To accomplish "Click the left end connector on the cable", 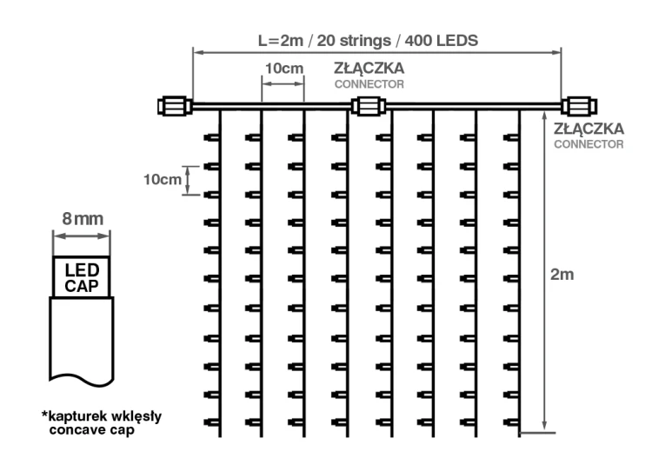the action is pos(175,106).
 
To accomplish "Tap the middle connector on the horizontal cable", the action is pos(369,106).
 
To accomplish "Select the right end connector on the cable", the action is pos(579,106).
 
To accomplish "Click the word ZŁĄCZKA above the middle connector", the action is pos(369,68).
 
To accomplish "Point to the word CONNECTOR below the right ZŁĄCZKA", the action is pos(589,144).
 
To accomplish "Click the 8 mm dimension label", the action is pos(83,219).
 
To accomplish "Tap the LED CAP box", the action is pos(82,276).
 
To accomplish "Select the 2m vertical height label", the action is pos(562,275).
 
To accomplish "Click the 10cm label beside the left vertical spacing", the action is pos(163,180).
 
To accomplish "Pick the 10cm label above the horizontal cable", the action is pos(284,68).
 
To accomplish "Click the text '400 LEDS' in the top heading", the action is pos(442,41).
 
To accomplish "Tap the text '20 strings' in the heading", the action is pos(354,41).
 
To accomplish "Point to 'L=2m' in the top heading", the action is pos(281,41).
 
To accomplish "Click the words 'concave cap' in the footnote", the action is pos(92,429).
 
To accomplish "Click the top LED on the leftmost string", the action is pos(211,137).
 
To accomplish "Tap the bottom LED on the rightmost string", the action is pos(511,422).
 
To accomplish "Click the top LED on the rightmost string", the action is pos(511,137).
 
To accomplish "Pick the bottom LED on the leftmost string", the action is pos(211,422).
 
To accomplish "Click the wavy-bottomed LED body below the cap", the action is pos(82,341).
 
